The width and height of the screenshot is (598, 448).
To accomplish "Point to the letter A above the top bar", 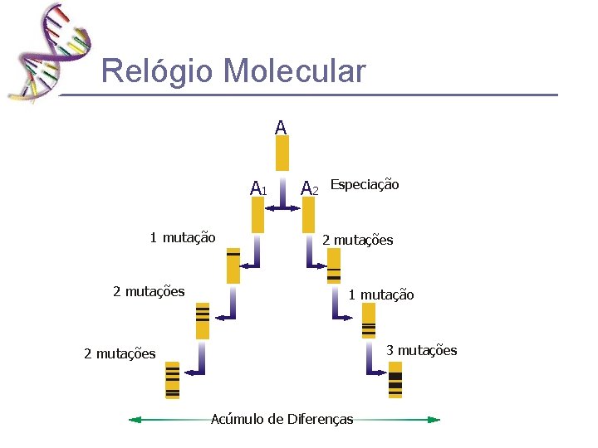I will pos(281,128).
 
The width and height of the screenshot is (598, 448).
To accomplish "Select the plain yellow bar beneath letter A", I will pos(282,153).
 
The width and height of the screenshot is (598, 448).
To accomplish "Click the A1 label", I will pos(257,188).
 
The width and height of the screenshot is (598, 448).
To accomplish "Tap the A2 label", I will pos(309,188).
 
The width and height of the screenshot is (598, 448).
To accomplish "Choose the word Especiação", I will pos(365,184).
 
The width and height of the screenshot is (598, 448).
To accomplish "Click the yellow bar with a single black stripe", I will pos(233,265).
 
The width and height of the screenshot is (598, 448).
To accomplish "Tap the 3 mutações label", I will pos(421,350).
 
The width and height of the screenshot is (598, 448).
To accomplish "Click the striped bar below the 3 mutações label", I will pos(395,380).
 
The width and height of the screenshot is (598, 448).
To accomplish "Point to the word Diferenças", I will pos(320,419).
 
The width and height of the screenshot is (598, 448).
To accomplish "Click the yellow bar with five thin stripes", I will pos(173,380).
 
